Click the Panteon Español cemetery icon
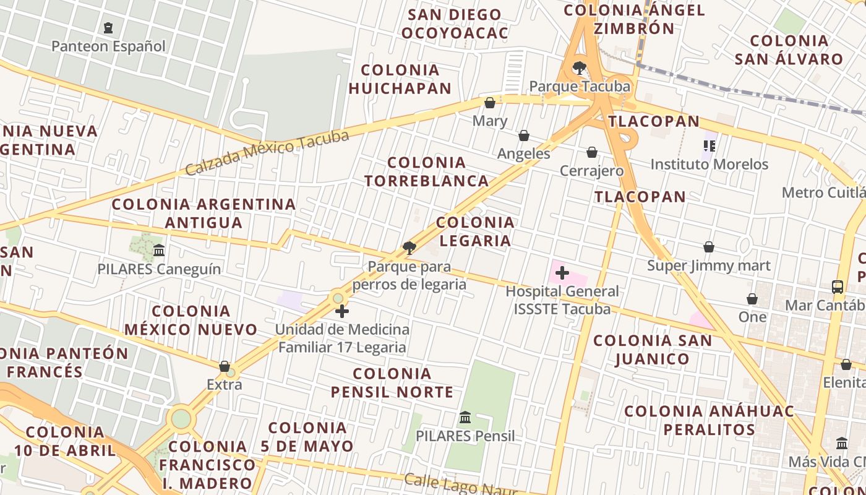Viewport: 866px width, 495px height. (x=109, y=28)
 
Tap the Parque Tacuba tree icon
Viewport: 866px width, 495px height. (x=579, y=68)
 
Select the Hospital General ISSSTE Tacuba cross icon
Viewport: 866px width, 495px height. (x=562, y=272)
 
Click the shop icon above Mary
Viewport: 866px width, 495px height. (x=490, y=103)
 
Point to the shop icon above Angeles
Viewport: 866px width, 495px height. (x=524, y=136)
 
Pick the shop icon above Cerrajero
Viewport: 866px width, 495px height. (x=592, y=152)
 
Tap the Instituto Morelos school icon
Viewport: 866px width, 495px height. (x=709, y=146)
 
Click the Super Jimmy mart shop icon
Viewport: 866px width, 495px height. (x=709, y=247)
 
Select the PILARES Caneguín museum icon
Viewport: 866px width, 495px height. (x=159, y=251)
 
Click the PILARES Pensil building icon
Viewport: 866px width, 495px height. (x=465, y=418)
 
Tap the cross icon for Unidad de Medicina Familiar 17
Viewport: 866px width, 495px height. (x=341, y=311)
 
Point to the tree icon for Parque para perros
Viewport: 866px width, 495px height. (x=409, y=248)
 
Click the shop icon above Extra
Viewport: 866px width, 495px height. (x=225, y=366)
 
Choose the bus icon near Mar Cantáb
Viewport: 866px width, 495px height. (x=838, y=287)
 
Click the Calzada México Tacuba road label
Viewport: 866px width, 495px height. (x=267, y=152)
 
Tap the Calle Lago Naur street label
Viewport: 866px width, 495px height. (x=460, y=485)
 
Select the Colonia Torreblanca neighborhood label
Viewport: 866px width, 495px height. (x=427, y=171)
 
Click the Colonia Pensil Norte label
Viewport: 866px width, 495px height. (x=392, y=382)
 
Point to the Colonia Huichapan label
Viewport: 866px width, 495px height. (x=400, y=79)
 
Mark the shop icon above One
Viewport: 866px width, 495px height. (x=752, y=299)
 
